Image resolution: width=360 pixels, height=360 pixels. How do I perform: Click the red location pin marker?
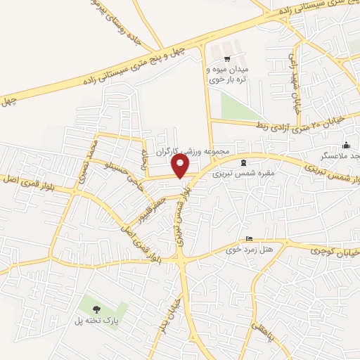click(181, 166)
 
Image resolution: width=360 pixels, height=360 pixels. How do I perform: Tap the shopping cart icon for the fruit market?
click(226, 59)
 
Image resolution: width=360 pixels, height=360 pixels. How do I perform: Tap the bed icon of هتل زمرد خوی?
click(247, 238)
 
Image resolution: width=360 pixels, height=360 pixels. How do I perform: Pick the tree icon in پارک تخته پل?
click(96, 309)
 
